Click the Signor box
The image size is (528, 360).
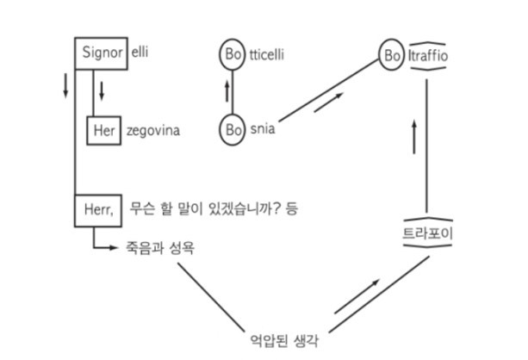(101, 53)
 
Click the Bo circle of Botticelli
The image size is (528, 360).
(233, 54)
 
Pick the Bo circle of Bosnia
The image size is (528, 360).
(233, 132)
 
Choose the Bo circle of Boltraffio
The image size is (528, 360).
(392, 58)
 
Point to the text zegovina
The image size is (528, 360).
(154, 132)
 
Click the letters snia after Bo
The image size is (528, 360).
(264, 132)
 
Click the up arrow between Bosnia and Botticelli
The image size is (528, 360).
(227, 90)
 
